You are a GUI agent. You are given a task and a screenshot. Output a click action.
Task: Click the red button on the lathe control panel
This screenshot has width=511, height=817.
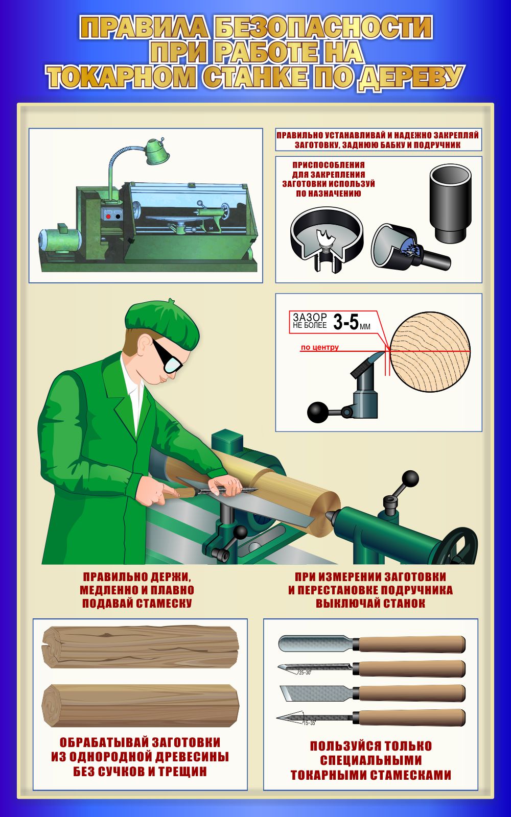108,217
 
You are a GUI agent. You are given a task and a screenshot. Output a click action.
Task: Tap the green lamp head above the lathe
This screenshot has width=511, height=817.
157,151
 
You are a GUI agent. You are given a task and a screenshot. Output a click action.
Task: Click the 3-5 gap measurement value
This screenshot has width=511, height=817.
345,322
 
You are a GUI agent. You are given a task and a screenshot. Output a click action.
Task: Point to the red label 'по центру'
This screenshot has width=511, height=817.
320,347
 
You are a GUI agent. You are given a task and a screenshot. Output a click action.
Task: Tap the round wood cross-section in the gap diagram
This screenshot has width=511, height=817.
430,352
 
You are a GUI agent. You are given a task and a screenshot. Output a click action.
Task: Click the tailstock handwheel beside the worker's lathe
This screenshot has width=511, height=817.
461,546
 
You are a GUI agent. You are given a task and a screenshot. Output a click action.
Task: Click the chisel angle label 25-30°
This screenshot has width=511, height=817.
305,672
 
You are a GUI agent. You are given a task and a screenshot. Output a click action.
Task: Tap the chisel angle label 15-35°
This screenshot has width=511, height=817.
309,723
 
